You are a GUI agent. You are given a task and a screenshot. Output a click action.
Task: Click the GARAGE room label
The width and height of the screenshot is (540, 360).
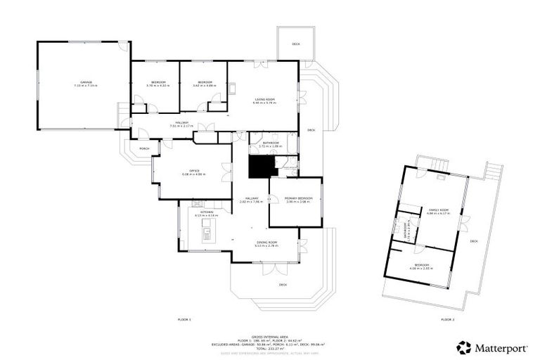85,82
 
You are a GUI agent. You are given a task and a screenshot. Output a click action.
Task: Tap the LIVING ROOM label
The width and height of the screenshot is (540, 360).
264,99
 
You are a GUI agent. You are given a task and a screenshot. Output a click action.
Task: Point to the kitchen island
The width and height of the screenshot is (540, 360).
207,229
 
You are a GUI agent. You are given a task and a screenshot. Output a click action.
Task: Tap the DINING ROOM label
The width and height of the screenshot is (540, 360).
266,242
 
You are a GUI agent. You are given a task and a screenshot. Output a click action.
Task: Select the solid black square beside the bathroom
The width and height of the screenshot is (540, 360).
262,167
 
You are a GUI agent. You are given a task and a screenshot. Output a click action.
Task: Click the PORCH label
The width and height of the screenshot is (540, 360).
144,149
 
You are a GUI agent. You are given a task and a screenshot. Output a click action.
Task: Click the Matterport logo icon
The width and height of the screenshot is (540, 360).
464,347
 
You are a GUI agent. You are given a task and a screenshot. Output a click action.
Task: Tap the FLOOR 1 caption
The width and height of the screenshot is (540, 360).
184,319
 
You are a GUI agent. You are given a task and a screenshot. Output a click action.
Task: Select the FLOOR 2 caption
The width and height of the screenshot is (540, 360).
447,319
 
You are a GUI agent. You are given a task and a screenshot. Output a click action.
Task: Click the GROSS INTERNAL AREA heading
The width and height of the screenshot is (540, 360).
270,337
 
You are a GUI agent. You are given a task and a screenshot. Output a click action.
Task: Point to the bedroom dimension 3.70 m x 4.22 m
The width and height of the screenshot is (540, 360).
157,86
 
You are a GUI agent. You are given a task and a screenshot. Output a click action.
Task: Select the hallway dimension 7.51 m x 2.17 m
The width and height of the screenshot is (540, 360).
179,127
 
